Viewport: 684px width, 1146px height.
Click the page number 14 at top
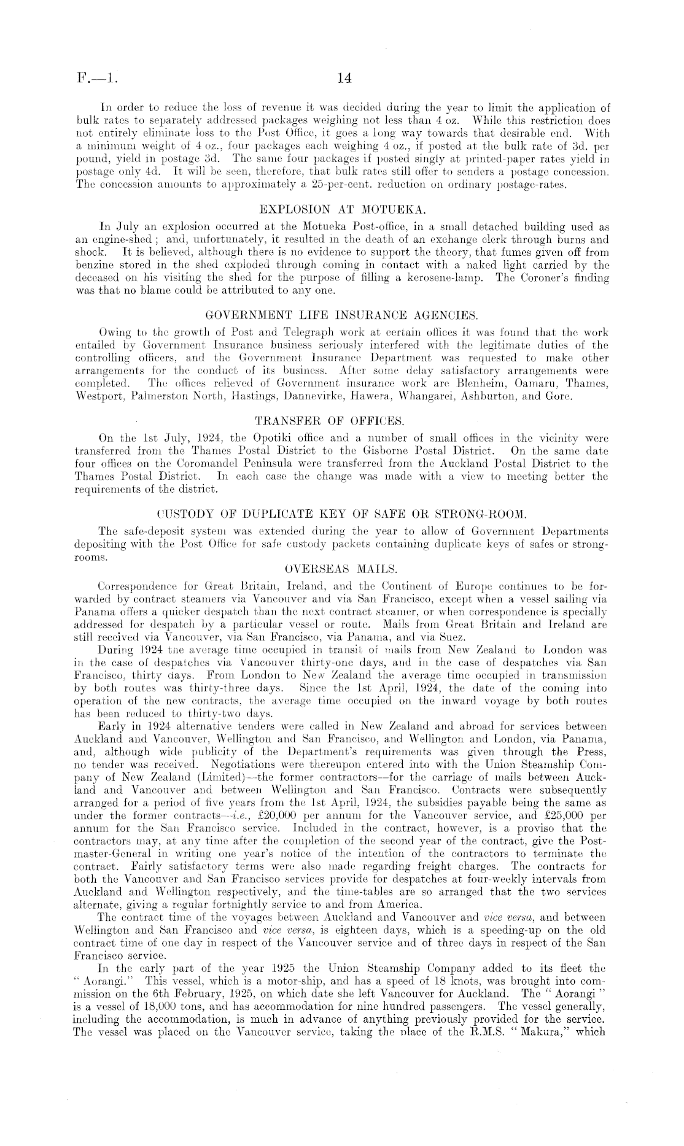coord(344,79)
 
